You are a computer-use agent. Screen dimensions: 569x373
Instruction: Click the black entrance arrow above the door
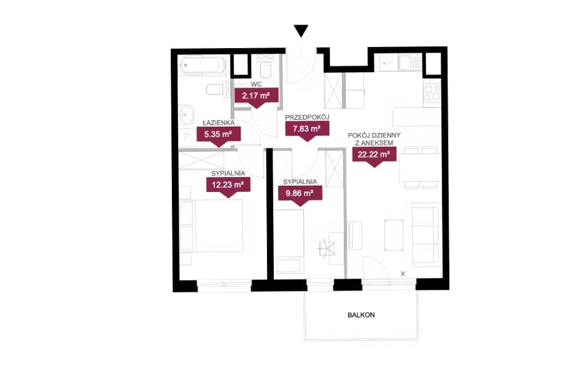[x=301, y=30]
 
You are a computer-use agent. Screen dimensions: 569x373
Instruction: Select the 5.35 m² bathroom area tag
[x=218, y=136]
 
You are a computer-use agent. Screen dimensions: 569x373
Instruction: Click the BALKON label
[x=361, y=315]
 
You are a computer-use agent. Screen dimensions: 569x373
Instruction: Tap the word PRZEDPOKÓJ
[x=307, y=117]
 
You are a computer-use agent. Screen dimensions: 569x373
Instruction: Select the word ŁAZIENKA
[x=218, y=123]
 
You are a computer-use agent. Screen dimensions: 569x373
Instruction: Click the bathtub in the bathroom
[x=203, y=65]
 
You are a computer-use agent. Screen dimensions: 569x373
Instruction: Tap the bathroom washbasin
[x=186, y=115]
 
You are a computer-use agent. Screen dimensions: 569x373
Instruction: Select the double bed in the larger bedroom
[x=211, y=225]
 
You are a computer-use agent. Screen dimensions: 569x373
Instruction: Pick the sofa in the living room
[x=426, y=234]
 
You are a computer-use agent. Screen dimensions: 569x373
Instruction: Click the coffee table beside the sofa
[x=394, y=235]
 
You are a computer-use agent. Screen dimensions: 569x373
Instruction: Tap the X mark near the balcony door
[x=403, y=274]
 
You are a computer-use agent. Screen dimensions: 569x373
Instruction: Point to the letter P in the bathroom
[x=187, y=138]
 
